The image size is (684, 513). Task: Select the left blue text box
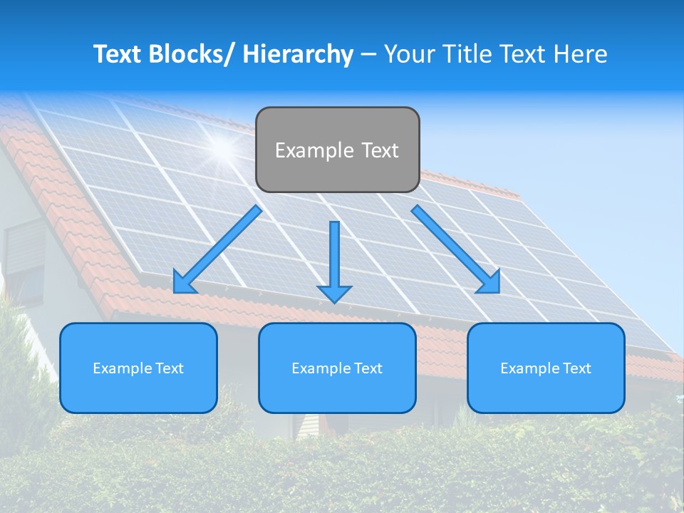(138, 368)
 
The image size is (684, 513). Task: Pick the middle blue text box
(337, 368)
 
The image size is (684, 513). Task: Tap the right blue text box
(546, 368)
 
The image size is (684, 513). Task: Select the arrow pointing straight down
(334, 261)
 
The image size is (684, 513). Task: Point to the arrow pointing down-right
(456, 249)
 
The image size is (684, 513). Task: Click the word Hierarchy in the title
(298, 54)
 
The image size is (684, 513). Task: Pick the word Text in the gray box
(380, 150)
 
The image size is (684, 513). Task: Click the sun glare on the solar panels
(223, 147)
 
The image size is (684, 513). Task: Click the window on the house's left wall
(25, 260)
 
